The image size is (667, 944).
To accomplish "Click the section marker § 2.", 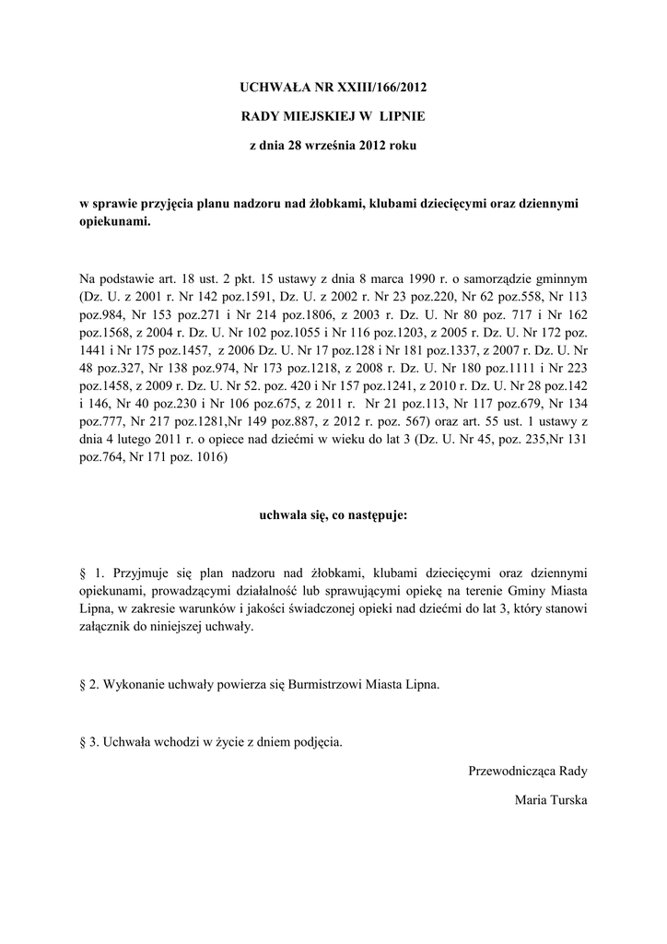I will coord(89,685).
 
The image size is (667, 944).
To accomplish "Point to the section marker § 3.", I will coord(89,742).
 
